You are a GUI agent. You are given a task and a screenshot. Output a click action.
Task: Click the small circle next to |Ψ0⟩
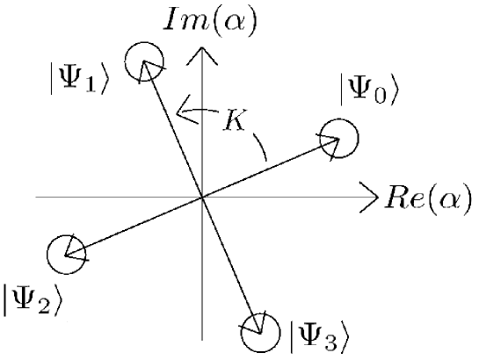pyautogui.click(x=339, y=140)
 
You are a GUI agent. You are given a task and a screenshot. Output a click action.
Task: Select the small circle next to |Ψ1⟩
pyautogui.click(x=142, y=61)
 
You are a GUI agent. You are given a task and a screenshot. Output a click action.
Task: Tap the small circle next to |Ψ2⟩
pyautogui.click(x=65, y=254)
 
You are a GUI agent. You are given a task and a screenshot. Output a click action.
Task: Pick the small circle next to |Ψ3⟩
pyautogui.click(x=259, y=328)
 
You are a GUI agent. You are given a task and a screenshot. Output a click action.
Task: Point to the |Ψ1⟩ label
pyautogui.click(x=79, y=80)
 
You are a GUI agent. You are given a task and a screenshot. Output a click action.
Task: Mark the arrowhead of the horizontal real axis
pyautogui.click(x=369, y=198)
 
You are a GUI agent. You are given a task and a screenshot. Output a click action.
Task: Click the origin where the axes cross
pyautogui.click(x=203, y=198)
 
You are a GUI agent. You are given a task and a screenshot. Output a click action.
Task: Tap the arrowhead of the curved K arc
pyautogui.click(x=182, y=111)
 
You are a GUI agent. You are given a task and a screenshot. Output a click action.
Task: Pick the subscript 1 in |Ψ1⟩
pyautogui.click(x=93, y=86)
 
